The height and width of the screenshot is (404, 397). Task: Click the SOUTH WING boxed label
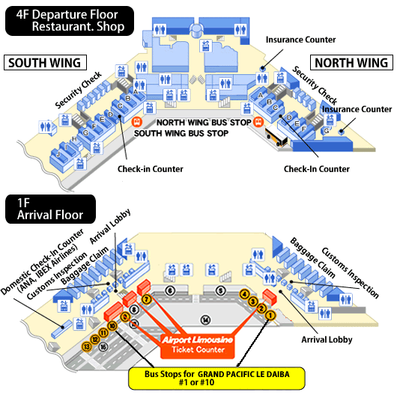(x=45, y=62)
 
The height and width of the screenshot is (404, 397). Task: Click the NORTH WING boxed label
(x=351, y=62)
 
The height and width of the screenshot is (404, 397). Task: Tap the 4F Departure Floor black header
(x=70, y=21)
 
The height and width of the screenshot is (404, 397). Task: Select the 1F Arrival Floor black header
(x=50, y=209)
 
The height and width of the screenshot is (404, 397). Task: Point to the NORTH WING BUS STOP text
(x=204, y=123)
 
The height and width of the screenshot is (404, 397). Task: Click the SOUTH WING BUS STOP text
(x=181, y=133)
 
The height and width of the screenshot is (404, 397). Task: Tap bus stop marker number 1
(x=270, y=315)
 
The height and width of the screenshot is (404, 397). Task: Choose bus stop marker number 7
(x=147, y=299)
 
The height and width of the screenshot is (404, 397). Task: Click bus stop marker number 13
(x=87, y=346)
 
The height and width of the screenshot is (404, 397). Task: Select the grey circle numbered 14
(x=205, y=320)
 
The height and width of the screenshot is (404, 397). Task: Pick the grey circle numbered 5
(x=220, y=290)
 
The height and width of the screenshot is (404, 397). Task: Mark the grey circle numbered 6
(x=170, y=290)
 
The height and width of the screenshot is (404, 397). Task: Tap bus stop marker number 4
(x=244, y=294)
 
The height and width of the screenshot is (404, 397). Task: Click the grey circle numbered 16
(x=103, y=346)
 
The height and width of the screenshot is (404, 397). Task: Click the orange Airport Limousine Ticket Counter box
(x=198, y=346)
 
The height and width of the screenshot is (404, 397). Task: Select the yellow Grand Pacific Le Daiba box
(x=216, y=379)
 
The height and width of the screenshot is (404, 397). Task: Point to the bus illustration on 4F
(x=276, y=135)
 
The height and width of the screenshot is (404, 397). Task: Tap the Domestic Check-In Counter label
(x=43, y=263)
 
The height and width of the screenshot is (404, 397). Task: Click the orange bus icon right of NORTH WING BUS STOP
(x=258, y=122)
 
